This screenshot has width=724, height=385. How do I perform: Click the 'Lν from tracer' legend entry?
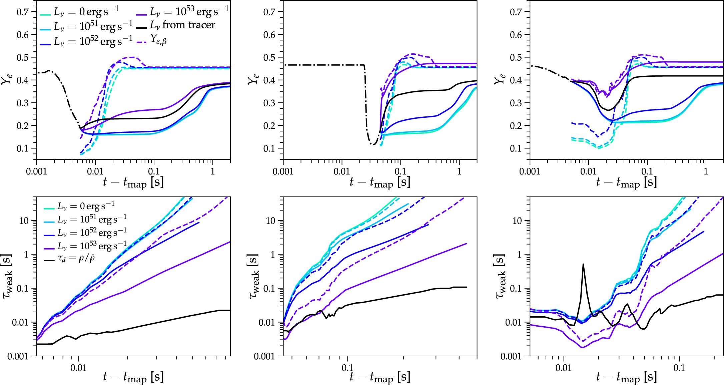[182, 25]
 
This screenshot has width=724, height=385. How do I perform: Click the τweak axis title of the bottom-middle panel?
[253, 276]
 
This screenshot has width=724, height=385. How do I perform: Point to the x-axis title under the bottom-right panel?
[626, 377]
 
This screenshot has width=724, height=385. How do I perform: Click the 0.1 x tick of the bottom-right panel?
[679, 368]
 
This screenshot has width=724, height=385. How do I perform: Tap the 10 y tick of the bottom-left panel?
[24, 221]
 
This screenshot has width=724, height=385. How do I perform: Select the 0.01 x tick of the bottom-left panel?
[78, 368]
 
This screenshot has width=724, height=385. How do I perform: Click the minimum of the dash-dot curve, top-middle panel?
[374, 144]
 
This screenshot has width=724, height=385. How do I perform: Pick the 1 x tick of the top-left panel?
[212, 171]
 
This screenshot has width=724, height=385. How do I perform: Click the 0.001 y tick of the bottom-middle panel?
[264, 357]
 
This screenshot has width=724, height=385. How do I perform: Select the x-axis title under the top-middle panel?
[380, 182]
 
